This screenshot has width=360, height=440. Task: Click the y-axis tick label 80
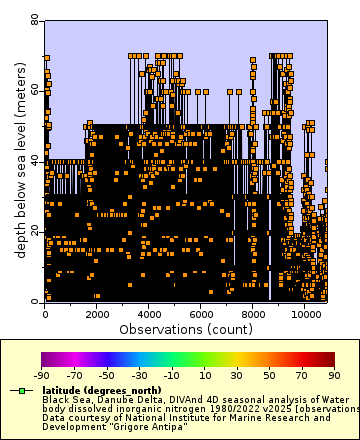[34, 19]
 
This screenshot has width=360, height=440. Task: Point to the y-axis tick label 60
[34, 89]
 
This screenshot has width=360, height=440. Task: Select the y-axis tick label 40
[34, 160]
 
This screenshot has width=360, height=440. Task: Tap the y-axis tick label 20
[34, 230]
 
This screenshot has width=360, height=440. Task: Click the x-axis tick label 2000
[97, 313]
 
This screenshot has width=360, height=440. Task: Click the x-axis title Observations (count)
[185, 328]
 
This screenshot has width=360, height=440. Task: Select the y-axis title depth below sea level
[20, 160]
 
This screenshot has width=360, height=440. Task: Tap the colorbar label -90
[41, 376]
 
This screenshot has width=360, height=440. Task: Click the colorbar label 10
[205, 376]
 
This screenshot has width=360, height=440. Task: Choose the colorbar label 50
[270, 376]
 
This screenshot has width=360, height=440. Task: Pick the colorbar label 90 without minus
[335, 376]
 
